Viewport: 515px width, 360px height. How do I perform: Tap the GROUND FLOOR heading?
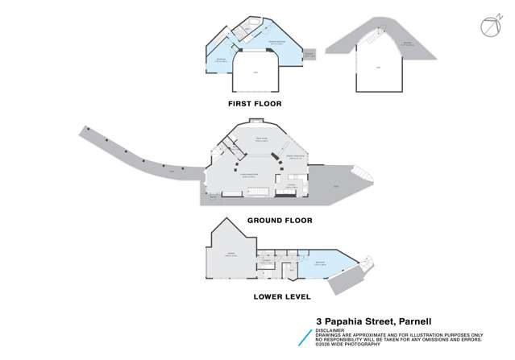[279, 219]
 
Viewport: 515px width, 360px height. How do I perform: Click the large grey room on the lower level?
[231, 255]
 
